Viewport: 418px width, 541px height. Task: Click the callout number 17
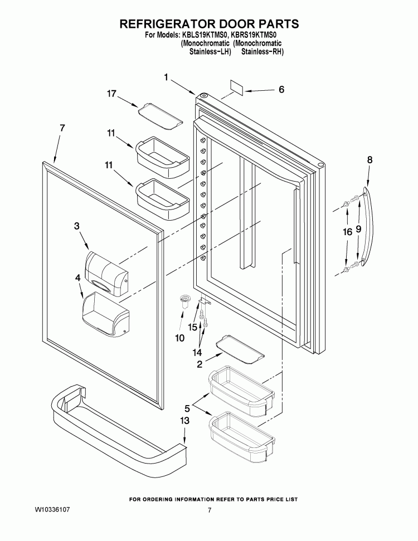click(111, 94)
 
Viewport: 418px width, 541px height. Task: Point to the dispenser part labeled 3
click(105, 272)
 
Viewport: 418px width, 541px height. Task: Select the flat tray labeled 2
click(239, 350)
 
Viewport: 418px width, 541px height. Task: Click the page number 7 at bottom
click(210, 510)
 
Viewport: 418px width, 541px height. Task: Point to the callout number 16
click(347, 233)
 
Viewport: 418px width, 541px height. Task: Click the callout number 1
click(166, 77)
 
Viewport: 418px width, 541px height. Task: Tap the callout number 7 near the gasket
click(62, 128)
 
